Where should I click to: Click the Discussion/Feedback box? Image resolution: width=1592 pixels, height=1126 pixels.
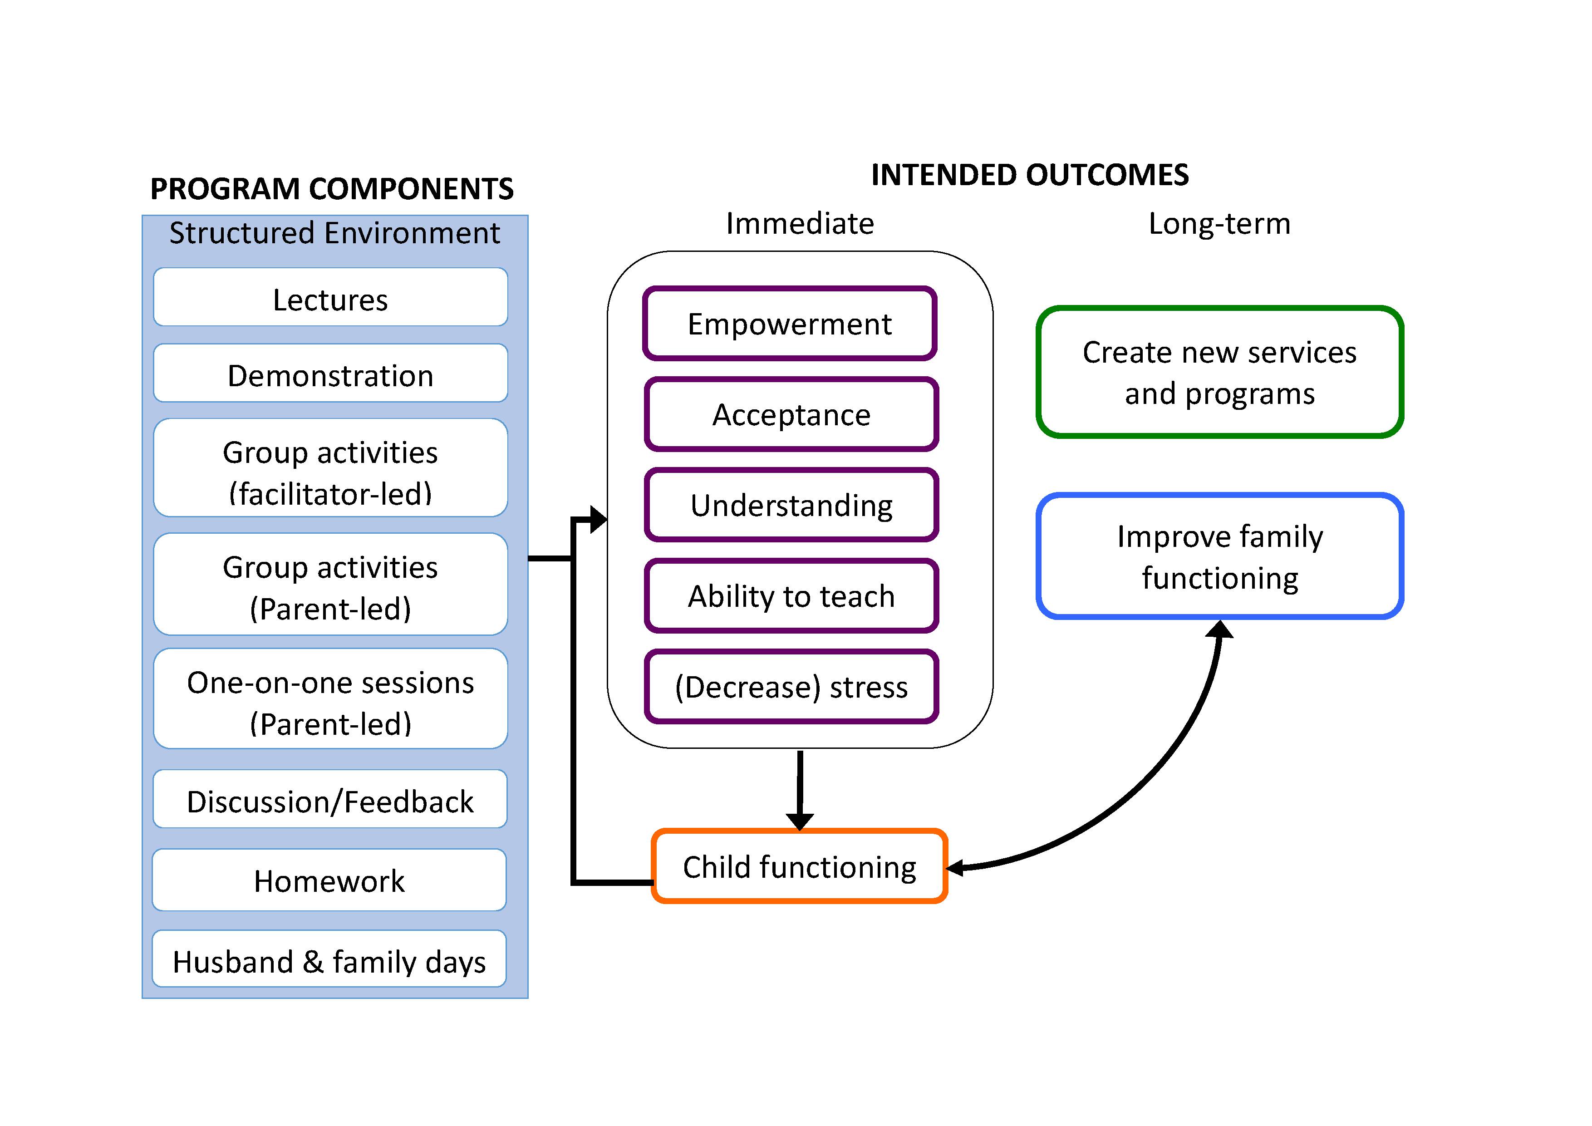pyautogui.click(x=330, y=799)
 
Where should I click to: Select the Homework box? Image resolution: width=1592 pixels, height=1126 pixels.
pyautogui.click(x=329, y=880)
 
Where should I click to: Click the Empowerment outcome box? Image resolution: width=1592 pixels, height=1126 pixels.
pyautogui.click(x=790, y=323)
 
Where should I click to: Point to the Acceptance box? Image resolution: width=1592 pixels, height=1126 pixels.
pyautogui.click(x=791, y=414)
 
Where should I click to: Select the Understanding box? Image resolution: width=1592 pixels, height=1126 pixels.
pyautogui.click(x=791, y=505)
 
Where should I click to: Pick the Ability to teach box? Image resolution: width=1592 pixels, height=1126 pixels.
pyautogui.click(x=791, y=595)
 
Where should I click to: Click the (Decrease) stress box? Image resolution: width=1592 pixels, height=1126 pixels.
pyautogui.click(x=791, y=686)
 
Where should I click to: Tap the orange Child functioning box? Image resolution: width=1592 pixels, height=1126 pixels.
pyautogui.click(x=800, y=866)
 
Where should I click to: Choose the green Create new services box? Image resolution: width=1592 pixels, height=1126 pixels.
pyautogui.click(x=1220, y=372)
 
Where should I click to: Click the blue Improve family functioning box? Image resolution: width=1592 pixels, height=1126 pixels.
pyautogui.click(x=1220, y=556)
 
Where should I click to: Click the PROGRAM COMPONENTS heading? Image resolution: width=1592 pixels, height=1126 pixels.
pyautogui.click(x=331, y=189)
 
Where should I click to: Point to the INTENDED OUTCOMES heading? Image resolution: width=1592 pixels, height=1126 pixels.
pyautogui.click(x=1030, y=175)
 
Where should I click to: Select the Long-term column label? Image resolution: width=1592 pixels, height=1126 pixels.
pyautogui.click(x=1219, y=224)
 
